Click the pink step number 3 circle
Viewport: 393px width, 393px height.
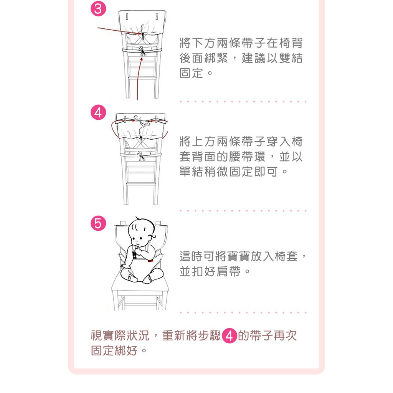(98, 9)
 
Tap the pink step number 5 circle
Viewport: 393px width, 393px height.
(98, 223)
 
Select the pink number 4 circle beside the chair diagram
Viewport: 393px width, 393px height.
(98, 112)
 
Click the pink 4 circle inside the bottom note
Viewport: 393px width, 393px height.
(230, 335)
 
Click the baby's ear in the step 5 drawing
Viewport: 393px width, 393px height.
(153, 236)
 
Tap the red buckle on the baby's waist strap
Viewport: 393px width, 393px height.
(150, 261)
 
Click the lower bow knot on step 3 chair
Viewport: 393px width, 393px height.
(142, 51)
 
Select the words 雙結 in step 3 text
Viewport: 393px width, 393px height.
(291, 58)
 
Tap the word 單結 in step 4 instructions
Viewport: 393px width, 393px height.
(191, 172)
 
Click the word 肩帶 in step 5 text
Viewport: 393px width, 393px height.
(229, 271)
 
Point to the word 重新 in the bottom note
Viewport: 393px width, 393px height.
(174, 335)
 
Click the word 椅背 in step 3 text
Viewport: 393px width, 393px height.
(291, 43)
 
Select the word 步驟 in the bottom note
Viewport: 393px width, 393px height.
(210, 335)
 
